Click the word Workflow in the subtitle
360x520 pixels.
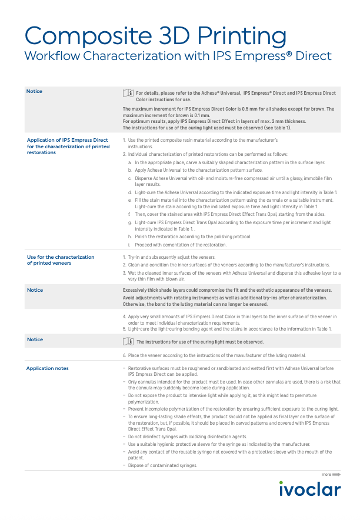click(52, 56)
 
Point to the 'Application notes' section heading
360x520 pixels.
click(47, 368)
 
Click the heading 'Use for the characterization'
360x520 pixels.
click(61, 257)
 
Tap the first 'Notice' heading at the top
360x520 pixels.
click(35, 91)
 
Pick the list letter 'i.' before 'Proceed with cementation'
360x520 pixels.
click(129, 245)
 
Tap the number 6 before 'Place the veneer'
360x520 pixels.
click(124, 355)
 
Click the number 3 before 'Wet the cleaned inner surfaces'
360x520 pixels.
click(124, 273)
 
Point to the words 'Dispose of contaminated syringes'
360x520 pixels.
click(162, 465)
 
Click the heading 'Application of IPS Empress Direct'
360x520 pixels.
click(68, 141)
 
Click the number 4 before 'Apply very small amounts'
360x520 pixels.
click(124, 317)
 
